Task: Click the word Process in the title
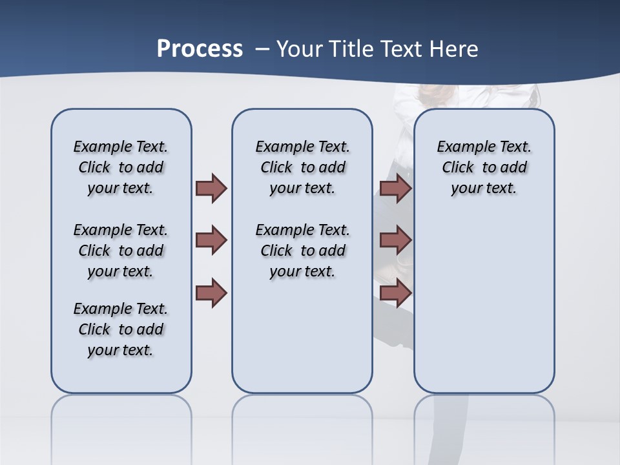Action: coord(200,49)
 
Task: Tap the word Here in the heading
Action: coord(455,49)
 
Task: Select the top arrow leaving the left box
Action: coord(211,189)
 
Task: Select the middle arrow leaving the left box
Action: coord(211,240)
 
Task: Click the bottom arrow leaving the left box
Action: coord(211,293)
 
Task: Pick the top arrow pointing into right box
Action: coord(395,189)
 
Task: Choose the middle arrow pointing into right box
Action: coord(395,240)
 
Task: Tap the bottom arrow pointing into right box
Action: coord(395,293)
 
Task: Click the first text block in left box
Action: coord(121,167)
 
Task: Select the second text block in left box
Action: coord(121,251)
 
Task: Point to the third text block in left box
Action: coord(121,329)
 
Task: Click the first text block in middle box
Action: coord(302,167)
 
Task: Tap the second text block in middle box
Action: coord(302,251)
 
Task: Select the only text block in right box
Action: coord(484,167)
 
